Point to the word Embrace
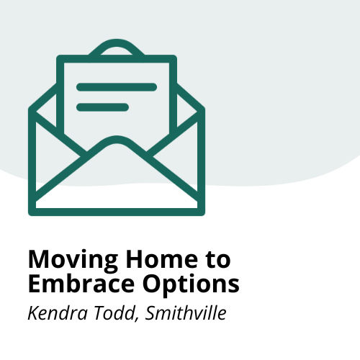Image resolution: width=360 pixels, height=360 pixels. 78,283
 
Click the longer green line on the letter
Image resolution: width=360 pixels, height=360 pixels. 117,87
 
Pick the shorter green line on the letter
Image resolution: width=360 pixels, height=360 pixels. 102,107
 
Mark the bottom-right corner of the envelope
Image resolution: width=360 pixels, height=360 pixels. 200,210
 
